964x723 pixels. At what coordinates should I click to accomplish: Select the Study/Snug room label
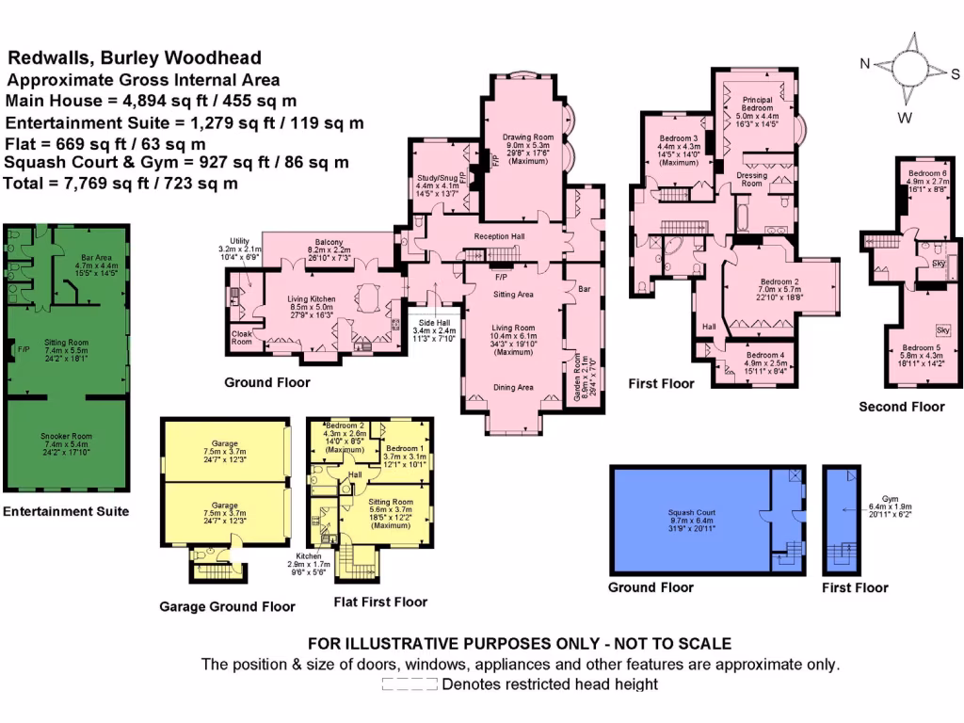click(x=438, y=176)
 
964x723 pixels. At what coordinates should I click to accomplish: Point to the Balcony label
click(x=329, y=242)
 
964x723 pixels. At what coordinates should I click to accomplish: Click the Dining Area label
click(x=513, y=387)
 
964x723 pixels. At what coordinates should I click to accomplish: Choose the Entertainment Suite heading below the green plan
click(x=66, y=512)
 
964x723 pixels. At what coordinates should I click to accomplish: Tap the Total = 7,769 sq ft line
click(x=120, y=183)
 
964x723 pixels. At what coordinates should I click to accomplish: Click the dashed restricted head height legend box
click(x=410, y=684)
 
